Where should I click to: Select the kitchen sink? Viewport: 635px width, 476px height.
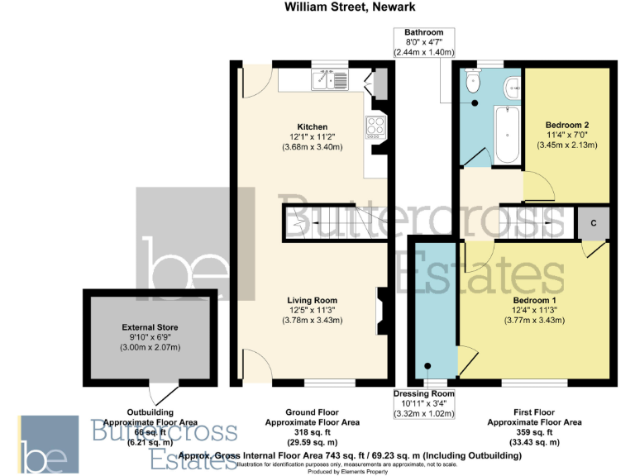322,79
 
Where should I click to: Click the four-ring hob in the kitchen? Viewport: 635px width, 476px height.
375,126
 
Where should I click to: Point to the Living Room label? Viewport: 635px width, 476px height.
312,299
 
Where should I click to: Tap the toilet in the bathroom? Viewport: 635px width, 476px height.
474,81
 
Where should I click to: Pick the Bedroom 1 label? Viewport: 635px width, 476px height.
533,299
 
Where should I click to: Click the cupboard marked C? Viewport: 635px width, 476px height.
594,223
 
